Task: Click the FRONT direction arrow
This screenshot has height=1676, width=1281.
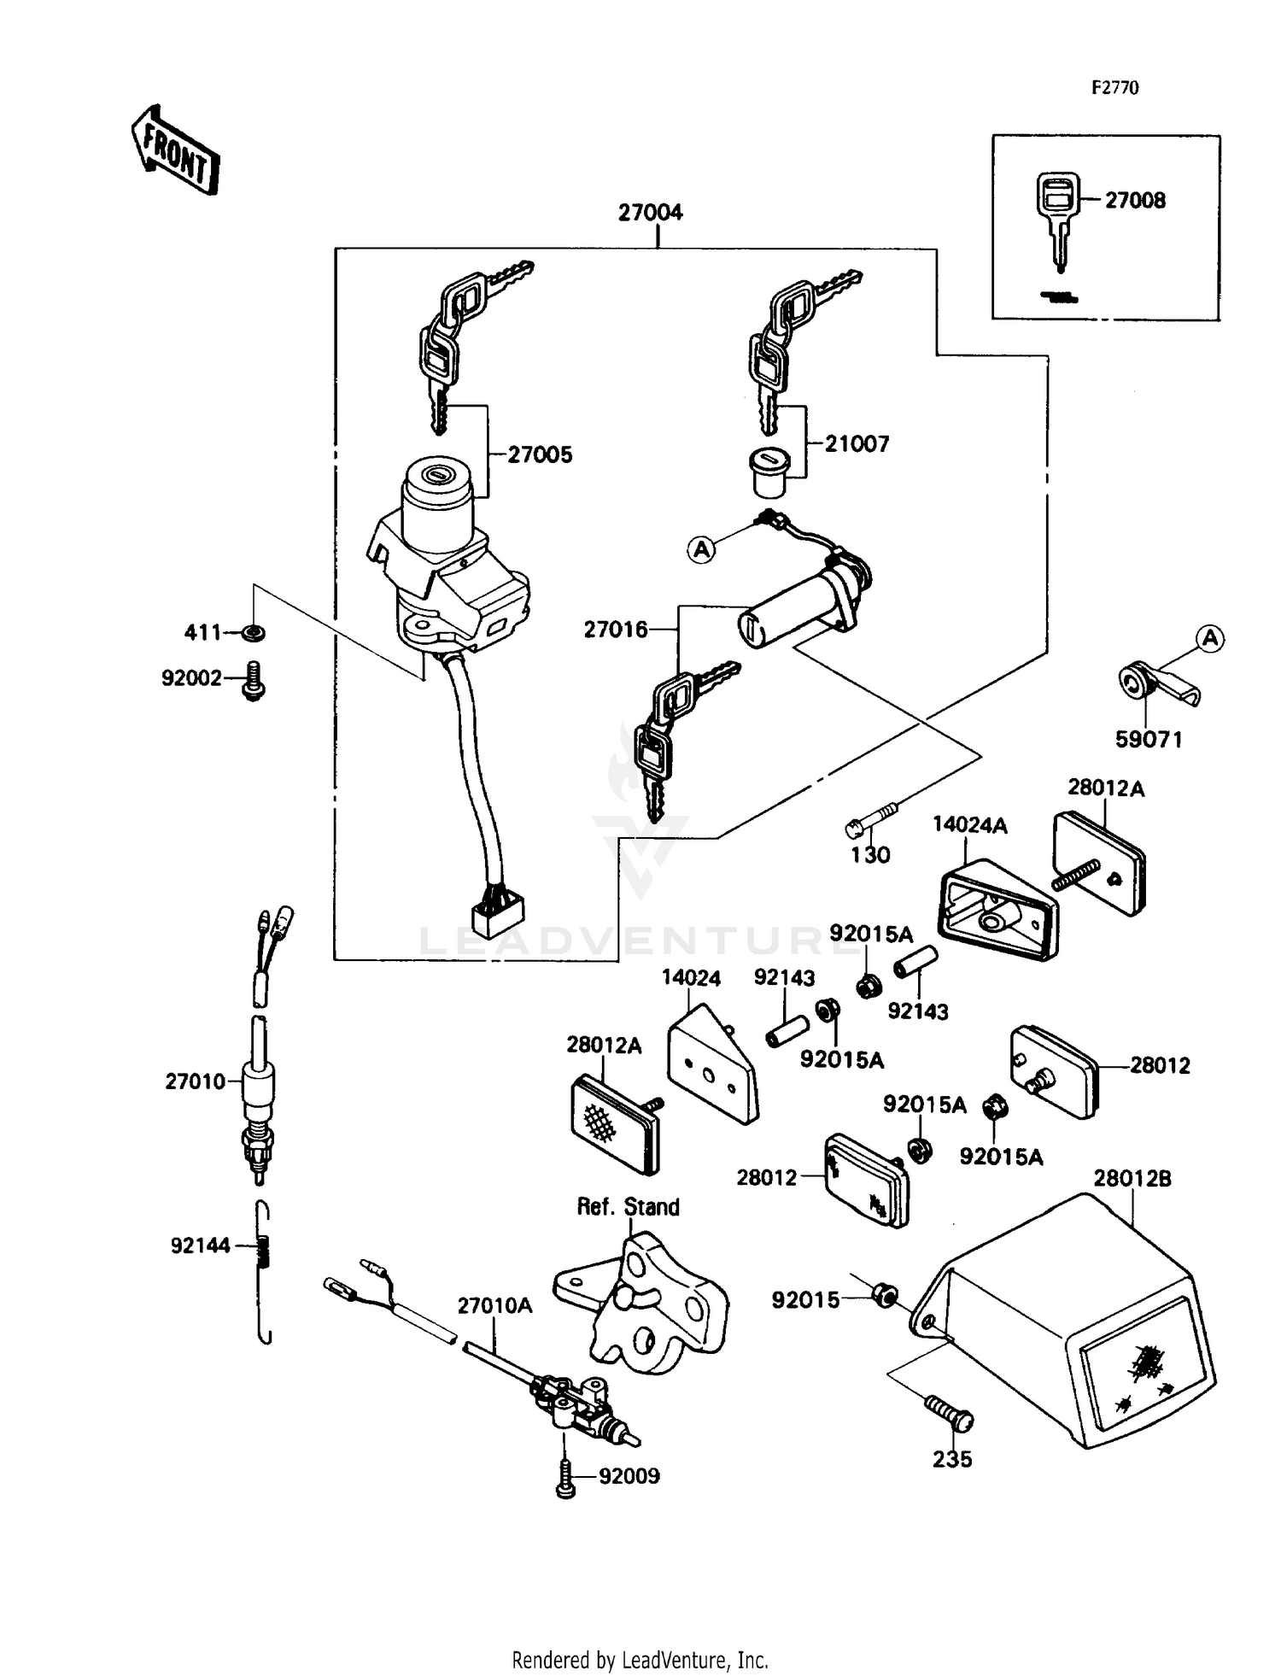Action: click(175, 150)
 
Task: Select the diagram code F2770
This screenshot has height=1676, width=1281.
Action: click(1114, 88)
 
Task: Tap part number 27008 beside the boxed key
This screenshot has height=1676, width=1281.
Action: click(1135, 201)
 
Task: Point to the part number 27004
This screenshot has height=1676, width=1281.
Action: click(651, 213)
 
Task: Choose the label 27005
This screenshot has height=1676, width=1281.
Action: click(540, 455)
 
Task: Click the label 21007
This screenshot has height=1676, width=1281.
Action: click(857, 444)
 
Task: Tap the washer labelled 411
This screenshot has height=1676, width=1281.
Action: click(253, 633)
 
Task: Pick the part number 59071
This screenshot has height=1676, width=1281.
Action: click(1149, 740)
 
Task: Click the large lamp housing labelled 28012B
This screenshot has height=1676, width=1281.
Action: click(1076, 1316)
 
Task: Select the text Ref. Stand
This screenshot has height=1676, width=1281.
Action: click(629, 1207)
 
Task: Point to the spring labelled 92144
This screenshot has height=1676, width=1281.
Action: click(265, 1256)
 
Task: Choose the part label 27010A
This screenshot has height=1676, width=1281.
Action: click(494, 1306)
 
